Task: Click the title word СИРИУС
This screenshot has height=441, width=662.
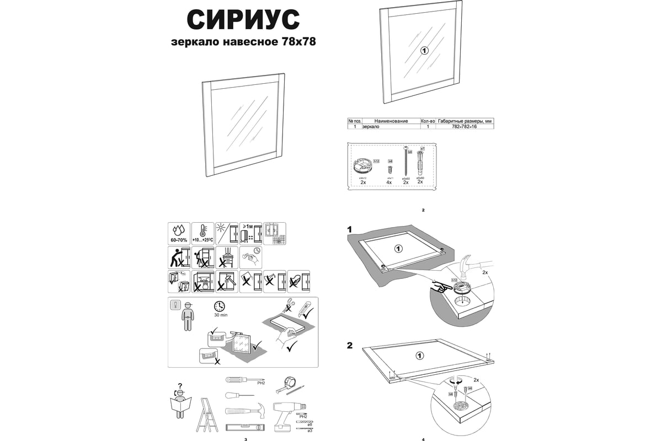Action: (x=243, y=20)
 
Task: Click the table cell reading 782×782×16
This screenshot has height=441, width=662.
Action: (x=465, y=127)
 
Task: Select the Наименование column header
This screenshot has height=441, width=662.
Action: (x=391, y=121)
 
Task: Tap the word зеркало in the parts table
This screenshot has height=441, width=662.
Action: (x=371, y=127)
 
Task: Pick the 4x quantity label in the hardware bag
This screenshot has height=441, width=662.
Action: (x=389, y=182)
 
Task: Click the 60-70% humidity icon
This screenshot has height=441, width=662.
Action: (x=179, y=233)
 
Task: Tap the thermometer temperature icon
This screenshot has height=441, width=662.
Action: (x=202, y=233)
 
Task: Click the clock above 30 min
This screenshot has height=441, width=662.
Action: (x=220, y=306)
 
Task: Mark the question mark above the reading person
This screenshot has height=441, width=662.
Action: (x=180, y=385)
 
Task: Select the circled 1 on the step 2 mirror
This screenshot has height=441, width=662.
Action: (x=420, y=355)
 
